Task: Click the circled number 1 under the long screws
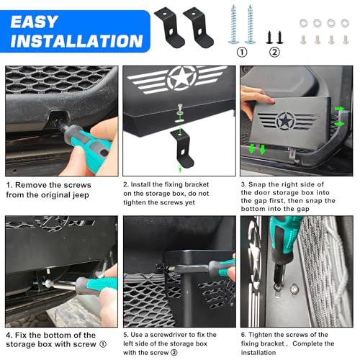click(241, 51)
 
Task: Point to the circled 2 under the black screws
click(274, 51)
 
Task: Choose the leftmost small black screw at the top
click(269, 34)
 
